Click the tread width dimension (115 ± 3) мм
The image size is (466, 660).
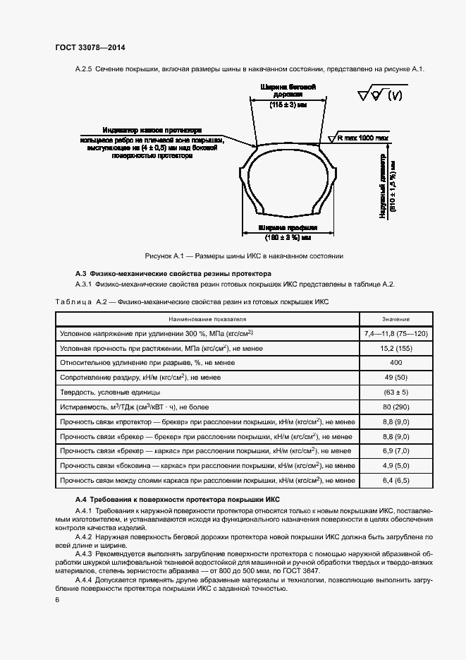(x=287, y=104)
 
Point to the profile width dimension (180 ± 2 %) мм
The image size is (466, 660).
(x=288, y=238)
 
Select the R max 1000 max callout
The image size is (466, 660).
(x=363, y=138)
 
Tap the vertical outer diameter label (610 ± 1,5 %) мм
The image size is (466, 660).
(x=393, y=186)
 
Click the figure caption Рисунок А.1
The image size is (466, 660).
(x=243, y=256)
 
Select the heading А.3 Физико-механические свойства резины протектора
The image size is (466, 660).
(x=173, y=272)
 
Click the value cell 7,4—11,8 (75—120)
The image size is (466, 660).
(x=396, y=332)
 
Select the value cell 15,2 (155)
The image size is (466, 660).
(x=396, y=348)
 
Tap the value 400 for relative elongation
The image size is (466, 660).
(x=396, y=363)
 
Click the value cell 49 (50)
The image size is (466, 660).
(x=396, y=378)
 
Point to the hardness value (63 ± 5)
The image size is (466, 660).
(x=396, y=392)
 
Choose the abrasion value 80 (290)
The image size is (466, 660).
(x=396, y=407)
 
